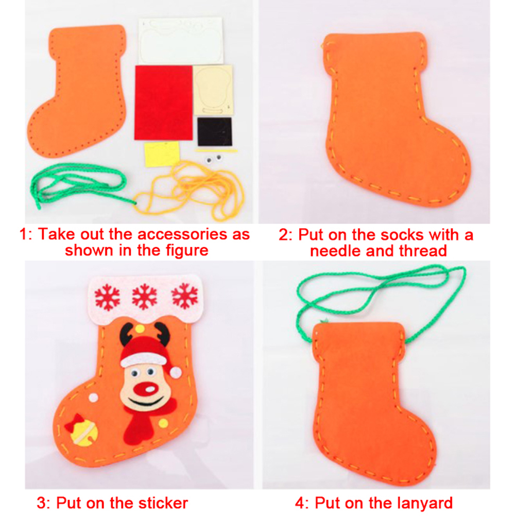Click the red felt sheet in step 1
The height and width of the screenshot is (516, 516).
[164, 102]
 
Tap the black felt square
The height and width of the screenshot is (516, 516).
[215, 132]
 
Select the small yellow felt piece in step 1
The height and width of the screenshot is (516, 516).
[162, 154]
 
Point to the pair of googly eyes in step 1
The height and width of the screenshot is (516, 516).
[214, 159]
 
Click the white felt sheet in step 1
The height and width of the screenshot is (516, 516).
[180, 41]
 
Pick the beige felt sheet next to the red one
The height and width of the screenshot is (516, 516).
[213, 90]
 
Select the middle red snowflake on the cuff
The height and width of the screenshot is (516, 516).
[144, 297]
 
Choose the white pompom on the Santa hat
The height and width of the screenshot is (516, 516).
[176, 372]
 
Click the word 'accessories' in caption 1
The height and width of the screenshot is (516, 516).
[182, 234]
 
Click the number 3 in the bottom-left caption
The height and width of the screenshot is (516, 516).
[42, 503]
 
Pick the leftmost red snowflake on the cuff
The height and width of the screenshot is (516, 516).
[107, 298]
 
